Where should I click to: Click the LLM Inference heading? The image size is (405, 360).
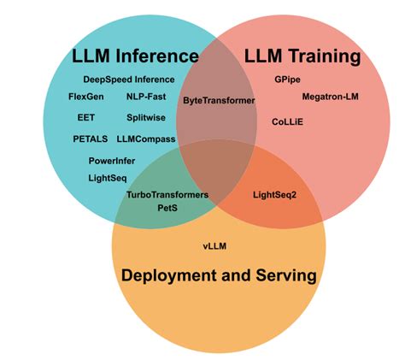[x=135, y=57]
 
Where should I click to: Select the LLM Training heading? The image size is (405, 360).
[x=302, y=57]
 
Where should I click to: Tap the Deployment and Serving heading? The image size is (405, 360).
[x=219, y=275]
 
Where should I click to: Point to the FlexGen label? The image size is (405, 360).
[x=85, y=97]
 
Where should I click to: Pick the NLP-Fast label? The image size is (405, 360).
[x=146, y=97]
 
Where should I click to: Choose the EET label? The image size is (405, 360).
[x=85, y=117]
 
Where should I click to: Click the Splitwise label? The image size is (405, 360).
[x=146, y=117]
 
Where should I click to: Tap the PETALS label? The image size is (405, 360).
[x=91, y=139]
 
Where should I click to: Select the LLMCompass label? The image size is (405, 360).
[x=146, y=139]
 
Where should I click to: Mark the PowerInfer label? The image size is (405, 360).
[x=112, y=160]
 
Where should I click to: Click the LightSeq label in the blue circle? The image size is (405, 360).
[x=107, y=178]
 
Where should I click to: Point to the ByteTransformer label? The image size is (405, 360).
[x=220, y=101]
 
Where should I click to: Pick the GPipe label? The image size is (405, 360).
[x=286, y=80]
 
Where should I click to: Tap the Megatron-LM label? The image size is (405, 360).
[x=331, y=97]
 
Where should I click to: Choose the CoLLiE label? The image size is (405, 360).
[x=287, y=122]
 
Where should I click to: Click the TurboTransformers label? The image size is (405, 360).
[x=167, y=194]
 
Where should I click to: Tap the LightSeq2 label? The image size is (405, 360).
[x=275, y=194]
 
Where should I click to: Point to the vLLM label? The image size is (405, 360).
[x=214, y=246]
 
